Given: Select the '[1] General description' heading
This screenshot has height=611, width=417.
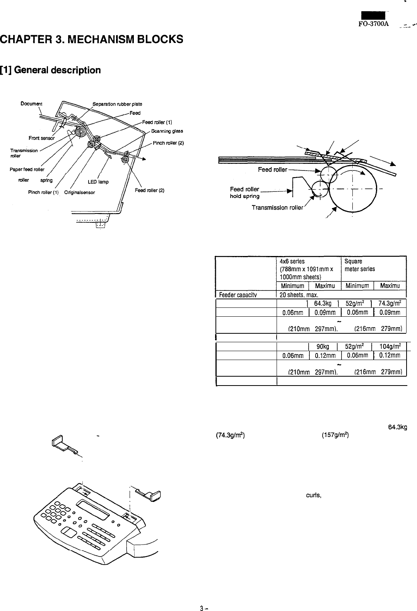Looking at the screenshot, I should pos(51,70).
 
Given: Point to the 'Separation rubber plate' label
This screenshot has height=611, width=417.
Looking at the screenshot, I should pos(117,104).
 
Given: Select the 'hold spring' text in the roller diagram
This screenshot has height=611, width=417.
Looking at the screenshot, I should pos(244,196).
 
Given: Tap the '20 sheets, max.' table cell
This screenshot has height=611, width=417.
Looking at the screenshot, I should pos(298,295).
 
